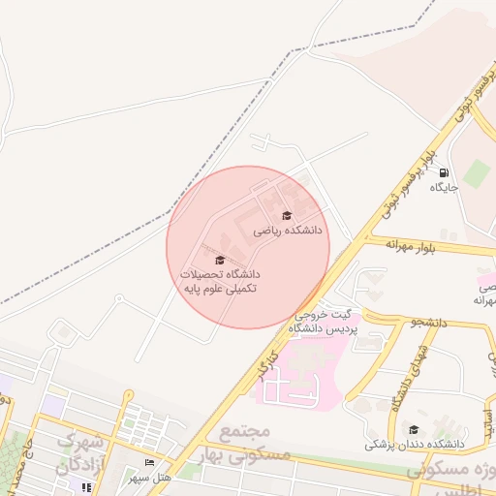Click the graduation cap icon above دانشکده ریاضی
pyautogui.click(x=286, y=215)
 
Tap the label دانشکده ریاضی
pyautogui.click(x=287, y=232)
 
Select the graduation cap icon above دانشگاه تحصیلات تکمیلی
pyautogui.click(x=219, y=260)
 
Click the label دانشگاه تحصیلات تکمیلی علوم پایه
pyautogui.click(x=220, y=282)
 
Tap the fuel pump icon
pyautogui.click(x=445, y=171)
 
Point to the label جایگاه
pyautogui.click(x=444, y=187)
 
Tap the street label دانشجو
pyautogui.click(x=427, y=322)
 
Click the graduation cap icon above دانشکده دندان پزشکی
pyautogui.click(x=414, y=429)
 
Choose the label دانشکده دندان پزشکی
pyautogui.click(x=415, y=445)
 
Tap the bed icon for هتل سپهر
pyautogui.click(x=149, y=462)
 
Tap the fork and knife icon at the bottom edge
pyautogui.click(x=86, y=487)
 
